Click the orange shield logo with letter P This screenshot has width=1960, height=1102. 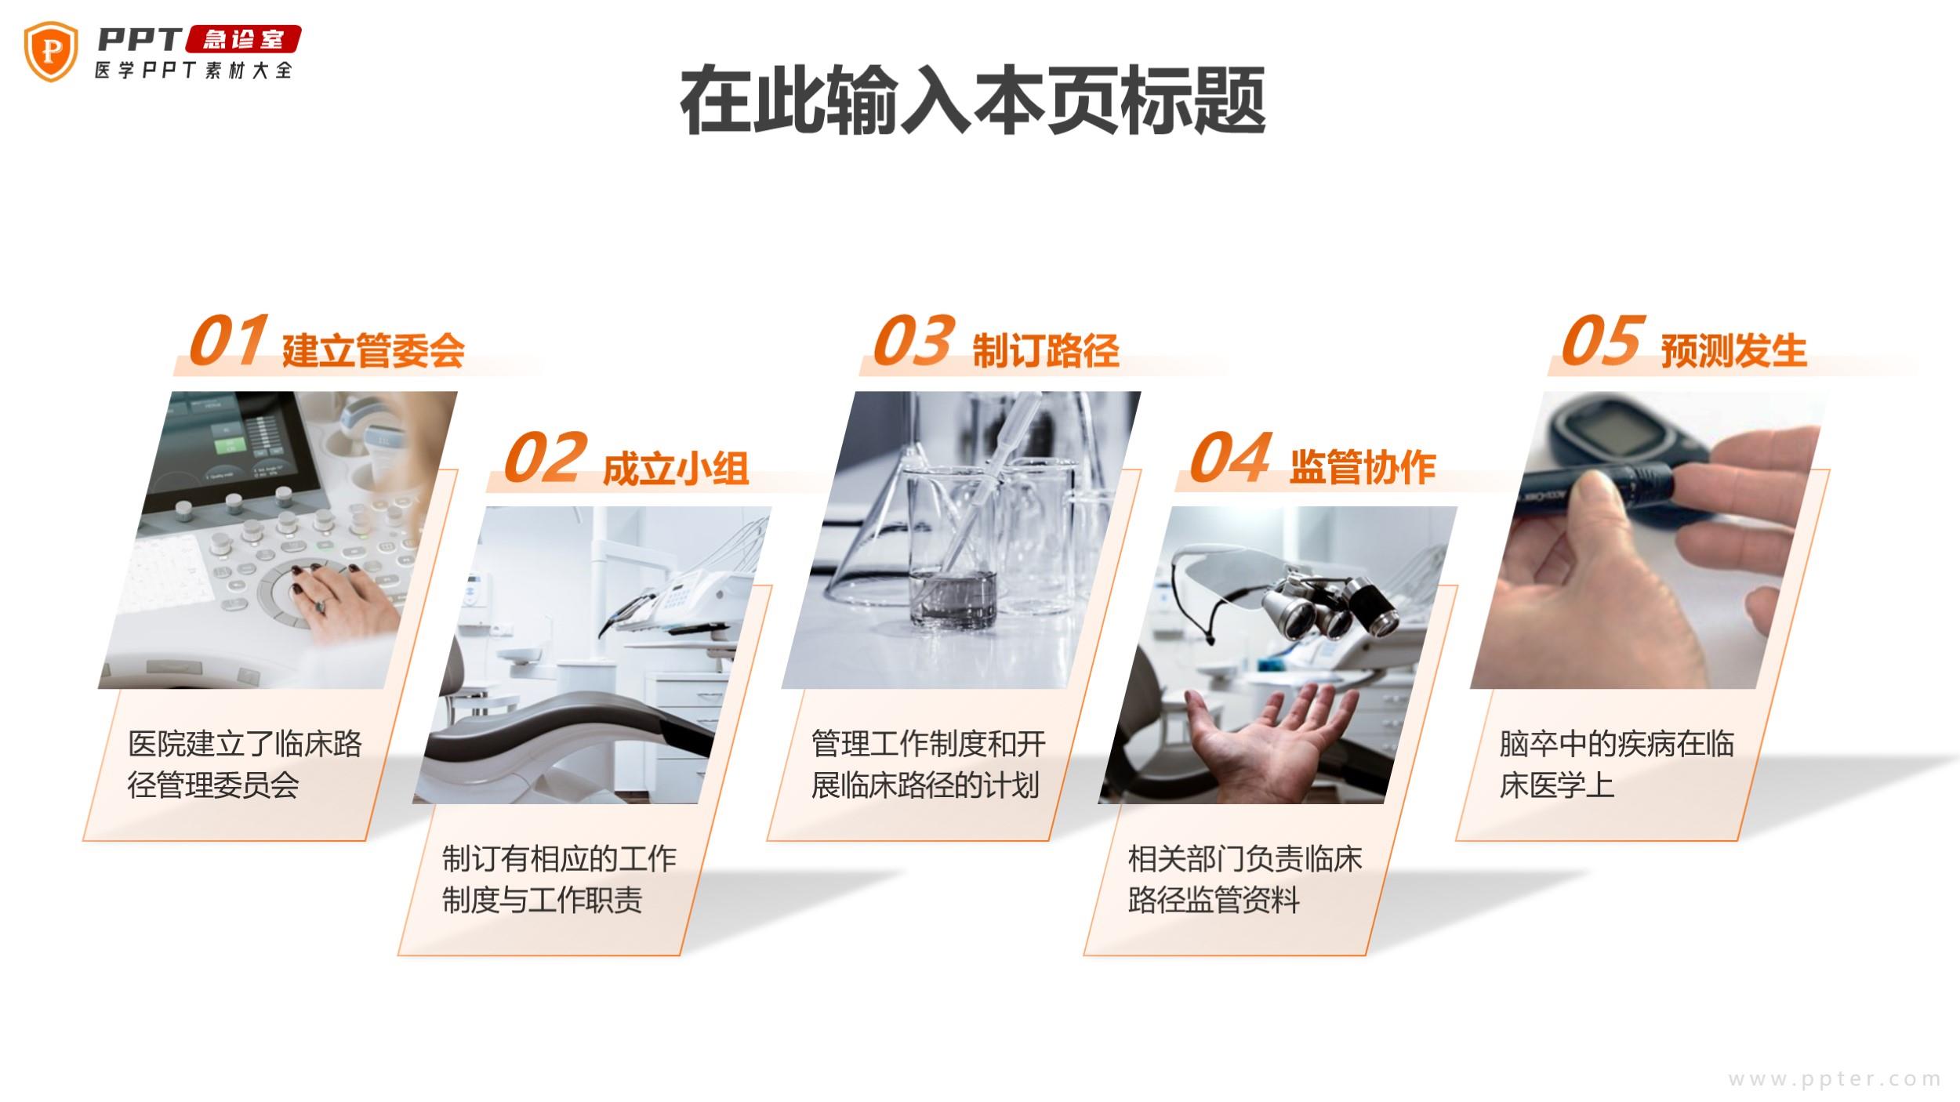(51, 51)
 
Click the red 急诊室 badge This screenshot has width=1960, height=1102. (243, 39)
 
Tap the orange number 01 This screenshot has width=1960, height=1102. (228, 341)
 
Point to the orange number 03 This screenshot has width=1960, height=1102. (914, 341)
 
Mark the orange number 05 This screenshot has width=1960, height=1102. (1602, 341)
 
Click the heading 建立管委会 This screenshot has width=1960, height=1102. (373, 350)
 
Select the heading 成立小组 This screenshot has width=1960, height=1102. (676, 468)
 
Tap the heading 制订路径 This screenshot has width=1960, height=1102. (1046, 350)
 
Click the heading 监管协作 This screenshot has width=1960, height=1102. (1363, 468)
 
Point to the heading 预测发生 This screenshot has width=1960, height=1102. (1734, 350)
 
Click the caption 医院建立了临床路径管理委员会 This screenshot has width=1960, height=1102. (245, 764)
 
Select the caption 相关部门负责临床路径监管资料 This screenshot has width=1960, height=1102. (1245, 879)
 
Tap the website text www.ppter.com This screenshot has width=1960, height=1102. (1835, 1079)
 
